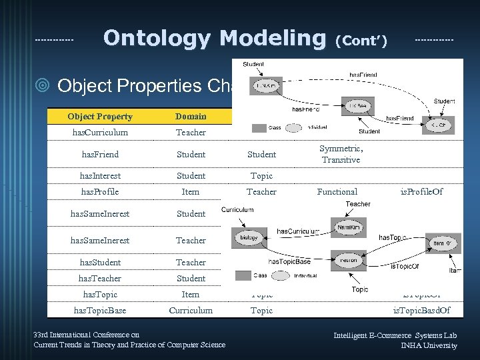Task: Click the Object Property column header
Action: pos(100,117)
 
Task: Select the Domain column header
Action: pos(191,117)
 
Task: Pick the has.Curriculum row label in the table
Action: pos(100,133)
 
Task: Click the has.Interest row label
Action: pos(100,176)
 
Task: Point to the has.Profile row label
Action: pos(100,192)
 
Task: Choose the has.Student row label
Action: pos(100,263)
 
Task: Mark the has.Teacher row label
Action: pos(100,279)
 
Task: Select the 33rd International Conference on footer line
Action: pos(87,335)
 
